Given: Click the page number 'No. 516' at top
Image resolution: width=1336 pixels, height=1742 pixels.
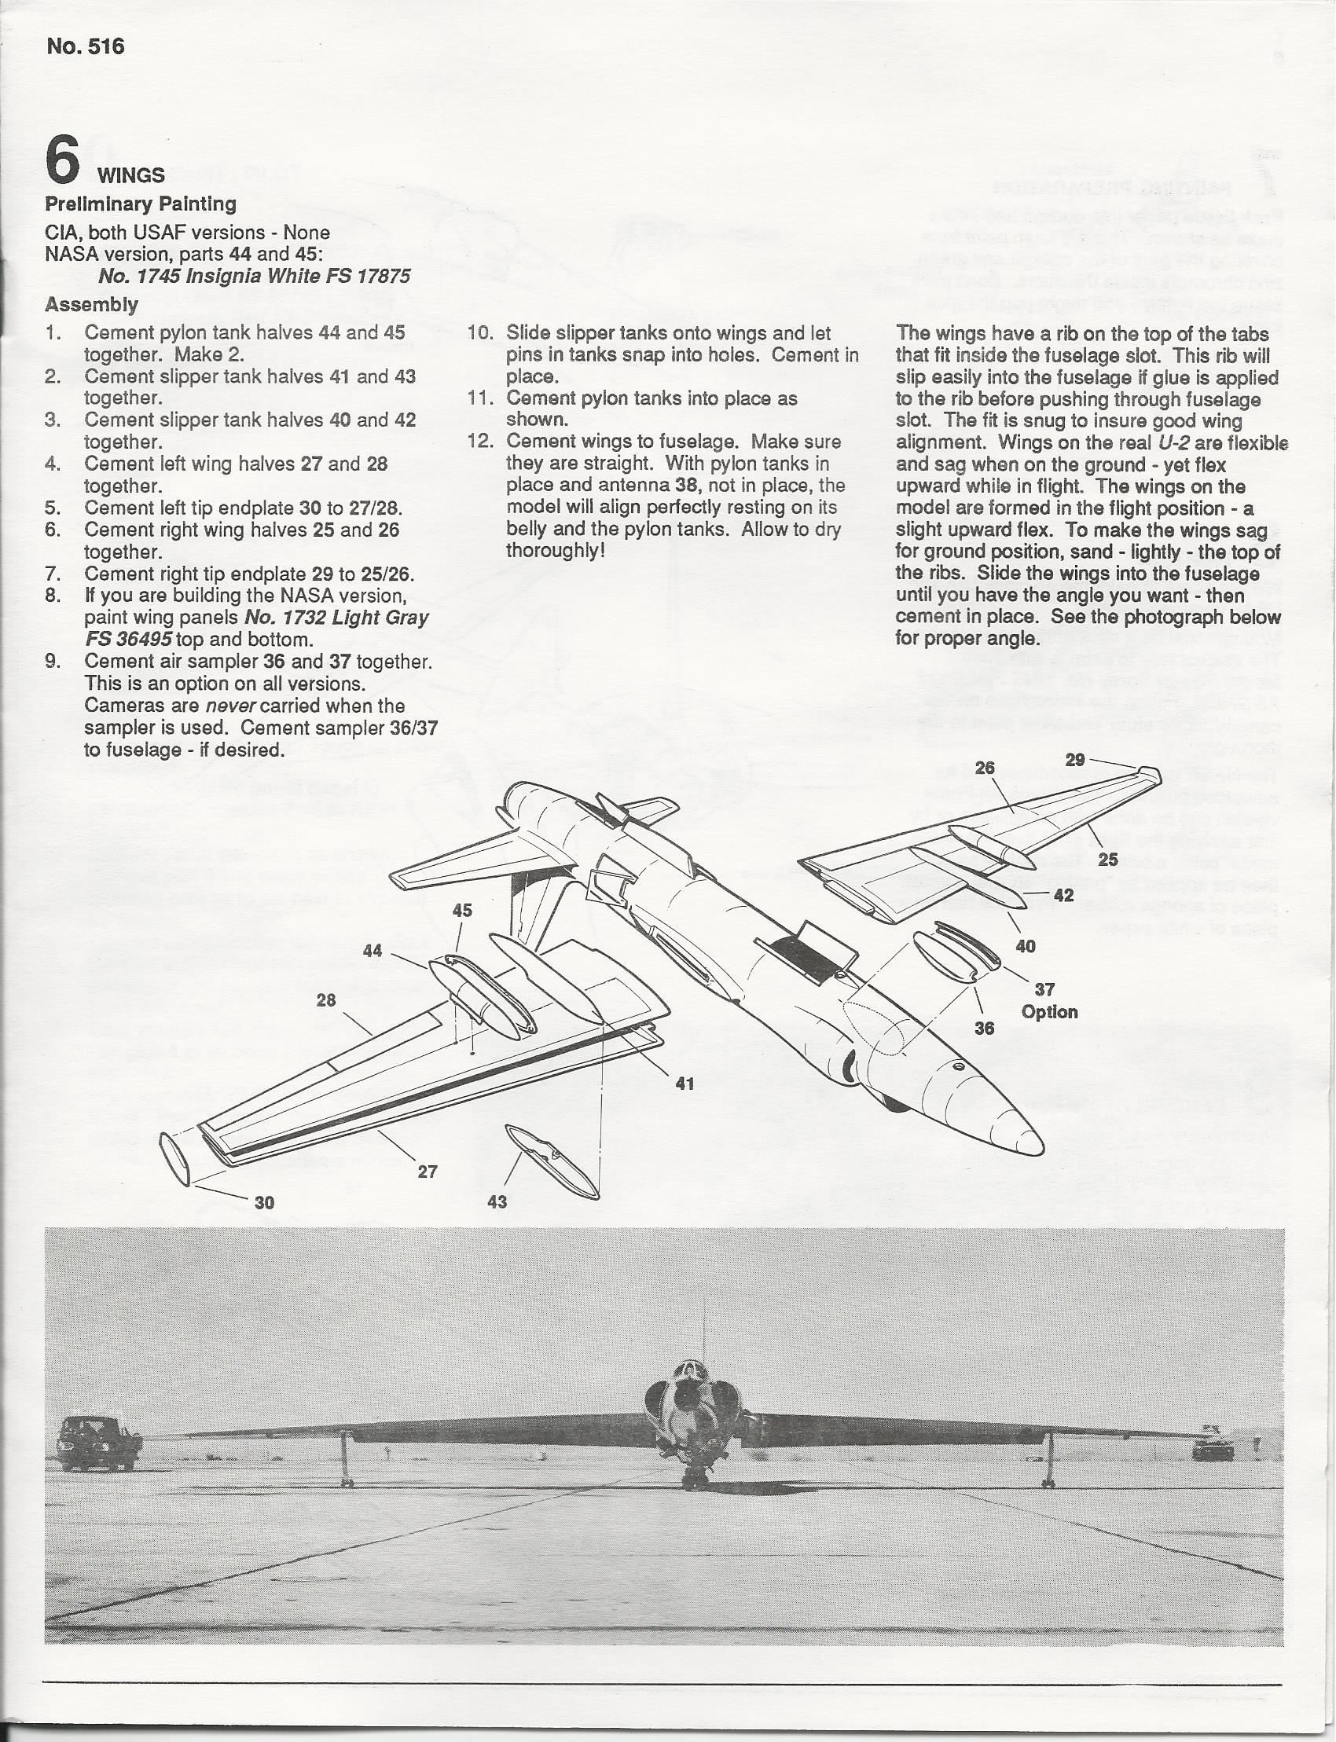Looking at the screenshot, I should [x=85, y=47].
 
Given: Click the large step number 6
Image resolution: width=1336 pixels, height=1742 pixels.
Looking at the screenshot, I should [x=62, y=160].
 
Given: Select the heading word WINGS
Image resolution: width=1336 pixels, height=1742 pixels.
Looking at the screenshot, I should [x=131, y=175].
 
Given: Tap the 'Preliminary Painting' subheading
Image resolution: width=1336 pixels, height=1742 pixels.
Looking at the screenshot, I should [x=141, y=204].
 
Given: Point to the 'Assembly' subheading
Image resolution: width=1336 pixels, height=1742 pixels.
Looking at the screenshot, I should [x=91, y=305].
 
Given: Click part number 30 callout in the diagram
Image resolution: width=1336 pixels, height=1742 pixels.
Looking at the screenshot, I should [x=264, y=1203].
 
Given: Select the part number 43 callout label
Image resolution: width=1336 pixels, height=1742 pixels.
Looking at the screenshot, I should [x=497, y=1201].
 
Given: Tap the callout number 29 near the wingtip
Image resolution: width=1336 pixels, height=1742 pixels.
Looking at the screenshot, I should [x=1075, y=759].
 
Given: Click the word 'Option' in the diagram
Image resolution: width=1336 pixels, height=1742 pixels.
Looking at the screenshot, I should [x=1050, y=1012].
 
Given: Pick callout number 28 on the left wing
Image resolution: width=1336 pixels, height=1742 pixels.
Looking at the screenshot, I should [x=326, y=1000].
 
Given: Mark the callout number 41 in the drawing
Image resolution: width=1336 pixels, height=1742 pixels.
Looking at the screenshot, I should [x=685, y=1083].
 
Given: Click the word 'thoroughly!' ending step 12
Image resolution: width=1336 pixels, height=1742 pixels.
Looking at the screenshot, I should [x=556, y=551].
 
